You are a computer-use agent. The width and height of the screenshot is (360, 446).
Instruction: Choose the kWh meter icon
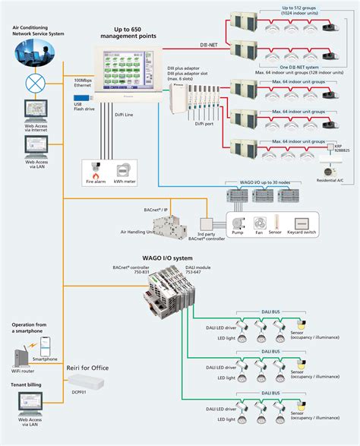pyautogui.click(x=125, y=171)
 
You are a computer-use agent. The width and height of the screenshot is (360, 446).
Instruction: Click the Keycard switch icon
pyautogui.click(x=305, y=224)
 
